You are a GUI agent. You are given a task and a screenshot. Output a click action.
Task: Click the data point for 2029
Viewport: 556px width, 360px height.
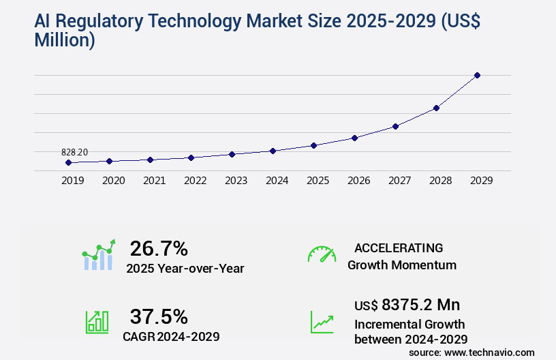coord(477,75)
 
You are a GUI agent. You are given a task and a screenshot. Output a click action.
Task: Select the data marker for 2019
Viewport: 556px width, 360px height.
coord(68,163)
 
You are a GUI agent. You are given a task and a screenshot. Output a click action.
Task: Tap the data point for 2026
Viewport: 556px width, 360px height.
coord(354,138)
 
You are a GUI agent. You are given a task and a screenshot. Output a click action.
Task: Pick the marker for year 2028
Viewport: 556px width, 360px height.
coord(436,108)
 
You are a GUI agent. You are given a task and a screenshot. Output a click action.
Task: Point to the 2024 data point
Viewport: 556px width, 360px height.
coord(273,151)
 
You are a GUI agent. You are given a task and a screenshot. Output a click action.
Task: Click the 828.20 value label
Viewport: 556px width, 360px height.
coord(74,152)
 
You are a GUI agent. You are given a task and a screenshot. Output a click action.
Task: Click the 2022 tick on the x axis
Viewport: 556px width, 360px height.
coord(195,181)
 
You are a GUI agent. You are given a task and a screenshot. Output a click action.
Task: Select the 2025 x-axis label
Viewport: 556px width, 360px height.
coord(318,181)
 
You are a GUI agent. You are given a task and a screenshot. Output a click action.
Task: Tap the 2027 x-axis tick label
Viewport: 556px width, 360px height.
coord(399,181)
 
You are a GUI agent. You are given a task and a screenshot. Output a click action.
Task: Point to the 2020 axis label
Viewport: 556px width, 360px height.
coord(113,181)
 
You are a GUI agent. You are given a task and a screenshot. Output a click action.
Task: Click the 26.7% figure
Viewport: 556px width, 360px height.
coord(158,248)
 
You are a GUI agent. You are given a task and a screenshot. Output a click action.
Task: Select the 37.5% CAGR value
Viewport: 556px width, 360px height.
coord(158,316)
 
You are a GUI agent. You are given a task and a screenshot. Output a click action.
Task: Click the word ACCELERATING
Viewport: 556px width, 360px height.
coord(399,248)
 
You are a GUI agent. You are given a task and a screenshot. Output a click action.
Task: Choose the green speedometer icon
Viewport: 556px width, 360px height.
coord(322,254)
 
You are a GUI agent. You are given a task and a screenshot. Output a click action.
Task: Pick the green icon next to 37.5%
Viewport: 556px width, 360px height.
coord(96,322)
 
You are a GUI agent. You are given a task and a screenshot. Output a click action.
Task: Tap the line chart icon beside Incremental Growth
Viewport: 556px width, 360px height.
coord(322,322)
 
